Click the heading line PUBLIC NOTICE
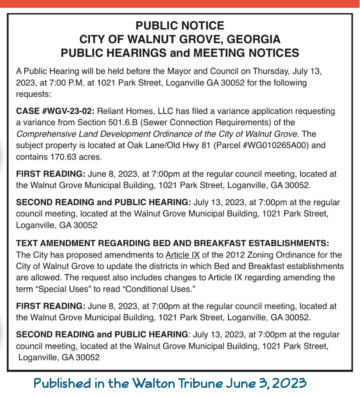tap(180, 26)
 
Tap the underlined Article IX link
tap(183, 255)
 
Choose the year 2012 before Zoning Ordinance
tap(230, 255)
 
